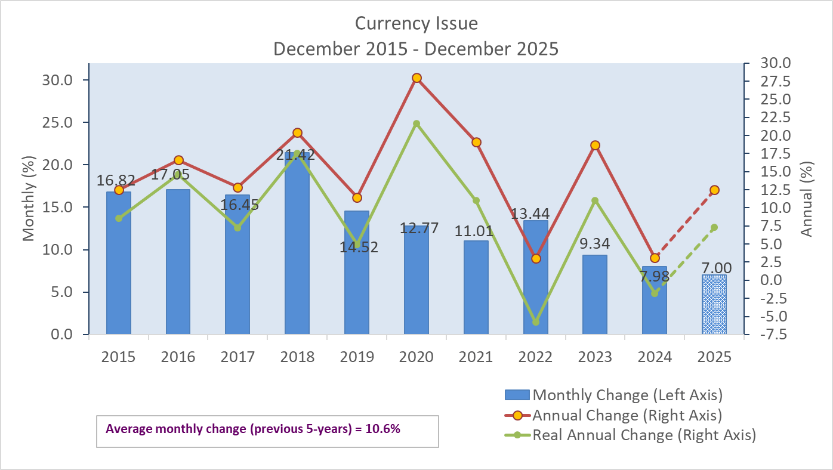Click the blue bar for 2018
point(297,251)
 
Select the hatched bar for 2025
point(714,304)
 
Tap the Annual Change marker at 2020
point(416,78)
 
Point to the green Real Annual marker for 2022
point(536,322)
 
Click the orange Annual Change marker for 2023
point(595,146)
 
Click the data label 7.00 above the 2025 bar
point(715,268)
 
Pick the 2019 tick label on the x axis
point(357,357)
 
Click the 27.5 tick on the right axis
point(773,81)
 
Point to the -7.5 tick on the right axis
point(771,335)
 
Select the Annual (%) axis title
point(807,199)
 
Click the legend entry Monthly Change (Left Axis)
point(627,395)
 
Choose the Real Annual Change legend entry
point(643,435)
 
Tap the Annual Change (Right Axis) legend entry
point(627,415)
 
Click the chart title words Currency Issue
point(416,23)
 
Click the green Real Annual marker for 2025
point(714,227)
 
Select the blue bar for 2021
point(476,286)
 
